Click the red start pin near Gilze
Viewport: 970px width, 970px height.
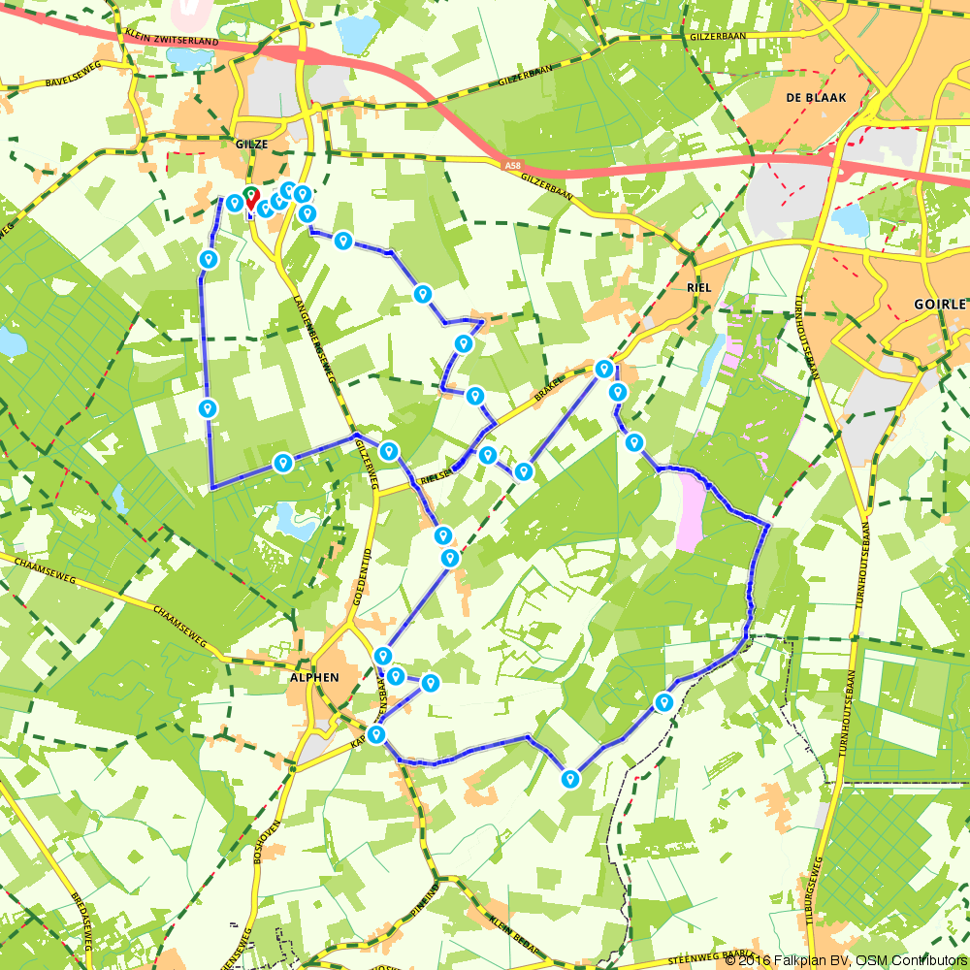251,200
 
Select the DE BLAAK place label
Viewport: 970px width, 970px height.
803,98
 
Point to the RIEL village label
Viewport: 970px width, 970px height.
698,288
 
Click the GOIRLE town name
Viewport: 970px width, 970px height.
940,304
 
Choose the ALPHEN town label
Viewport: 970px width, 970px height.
314,677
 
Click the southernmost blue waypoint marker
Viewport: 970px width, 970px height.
570,778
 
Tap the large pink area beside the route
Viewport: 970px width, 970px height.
692,510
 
